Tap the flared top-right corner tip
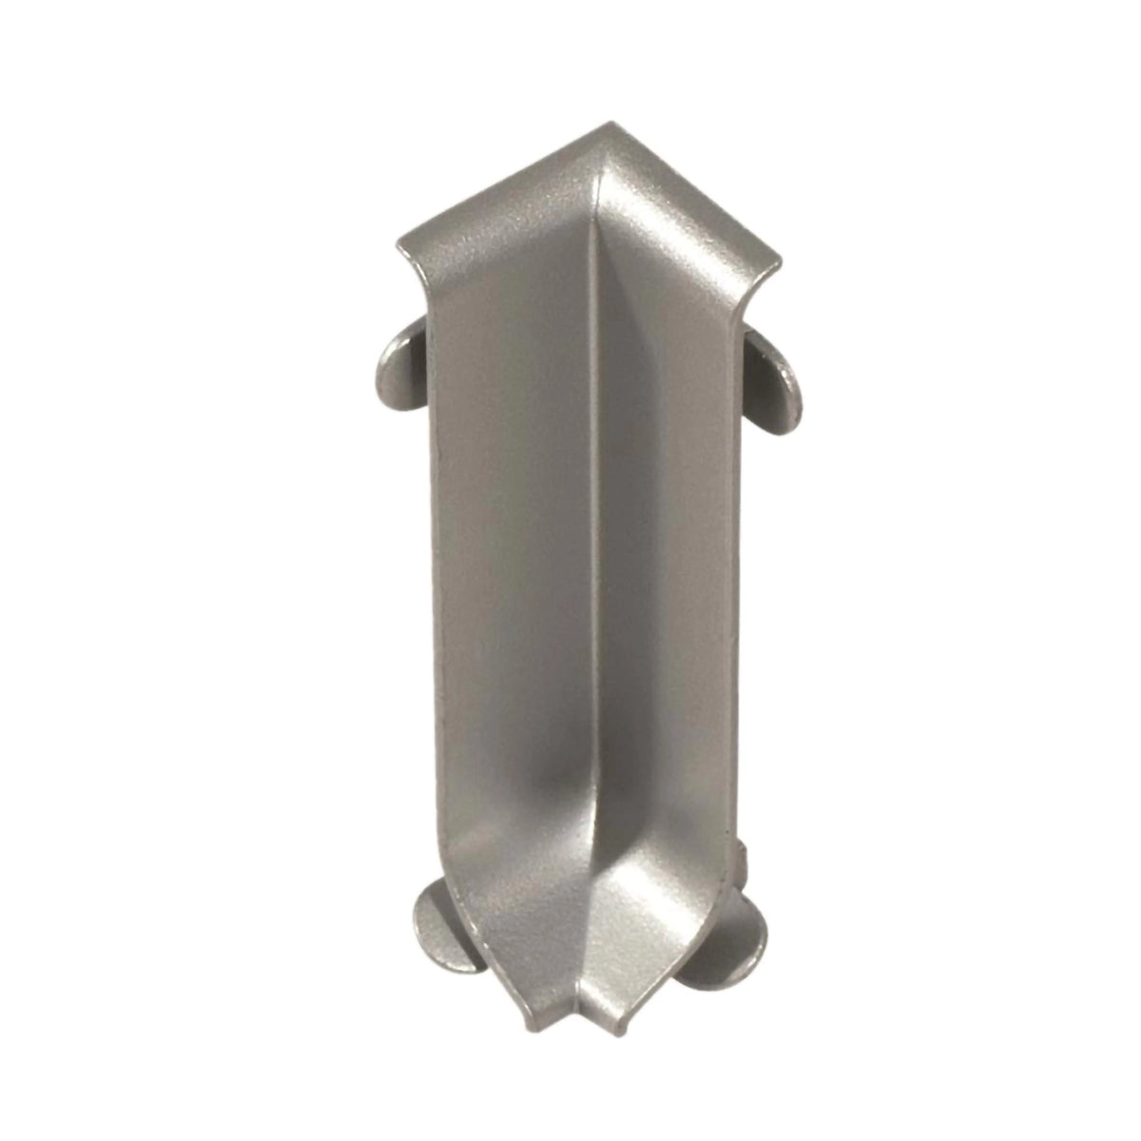779,260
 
